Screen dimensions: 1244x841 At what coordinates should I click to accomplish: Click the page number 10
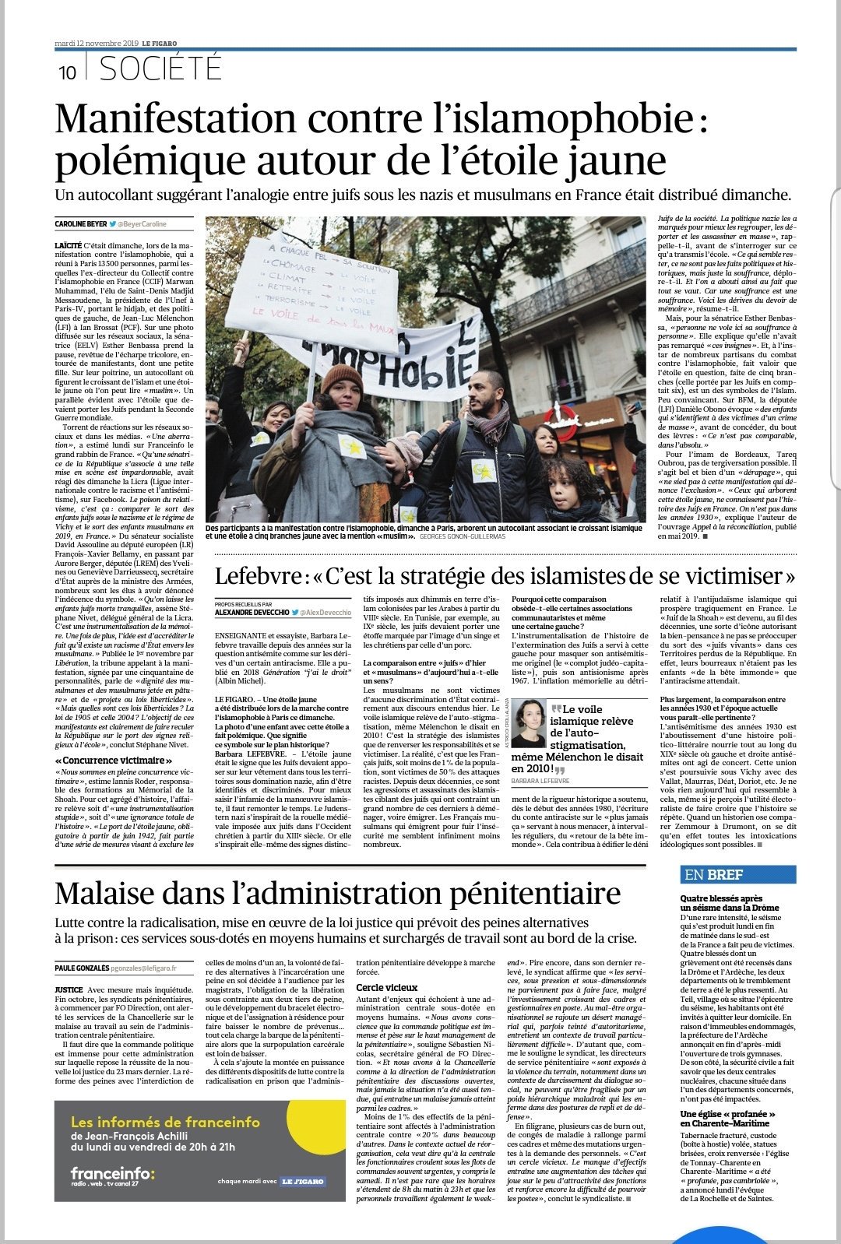click(x=67, y=72)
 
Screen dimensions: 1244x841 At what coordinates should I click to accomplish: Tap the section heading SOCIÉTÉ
click(x=161, y=69)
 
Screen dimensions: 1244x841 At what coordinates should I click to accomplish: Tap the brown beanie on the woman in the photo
click(x=343, y=378)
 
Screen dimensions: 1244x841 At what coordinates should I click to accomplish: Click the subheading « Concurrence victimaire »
click(x=114, y=760)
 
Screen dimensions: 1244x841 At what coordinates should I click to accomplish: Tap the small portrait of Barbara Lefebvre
click(x=527, y=723)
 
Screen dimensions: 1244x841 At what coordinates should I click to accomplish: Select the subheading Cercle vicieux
click(x=387, y=988)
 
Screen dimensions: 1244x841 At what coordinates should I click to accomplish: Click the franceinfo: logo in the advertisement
click(x=112, y=1172)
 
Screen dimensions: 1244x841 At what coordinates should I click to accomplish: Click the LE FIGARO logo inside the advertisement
click(x=303, y=1181)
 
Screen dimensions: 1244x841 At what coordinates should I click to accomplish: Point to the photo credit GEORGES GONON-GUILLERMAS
click(x=462, y=536)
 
